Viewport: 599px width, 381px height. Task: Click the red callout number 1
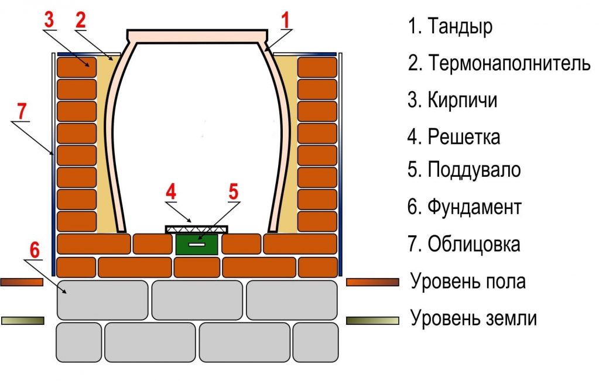[x=285, y=20]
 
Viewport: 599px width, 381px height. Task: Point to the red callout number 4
[x=170, y=192]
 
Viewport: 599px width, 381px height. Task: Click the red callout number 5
[x=234, y=191]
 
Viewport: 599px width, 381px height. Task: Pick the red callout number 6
[x=35, y=250]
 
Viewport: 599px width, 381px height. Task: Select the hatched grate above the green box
[x=197, y=228]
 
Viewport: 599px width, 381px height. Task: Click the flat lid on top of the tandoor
[x=197, y=35]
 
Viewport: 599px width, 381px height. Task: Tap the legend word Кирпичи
[x=463, y=100]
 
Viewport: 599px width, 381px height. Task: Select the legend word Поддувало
[x=474, y=170]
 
